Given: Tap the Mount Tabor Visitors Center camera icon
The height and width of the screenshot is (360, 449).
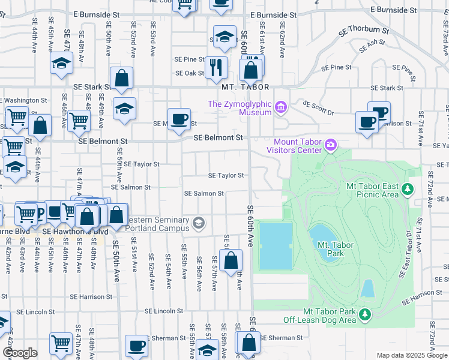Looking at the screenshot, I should tap(331, 145).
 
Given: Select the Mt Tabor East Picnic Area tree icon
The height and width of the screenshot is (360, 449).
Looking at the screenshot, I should tap(408, 190).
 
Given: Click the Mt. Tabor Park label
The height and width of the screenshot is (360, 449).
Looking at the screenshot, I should tap(331, 249).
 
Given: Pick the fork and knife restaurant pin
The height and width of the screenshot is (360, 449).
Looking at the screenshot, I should tap(217, 67).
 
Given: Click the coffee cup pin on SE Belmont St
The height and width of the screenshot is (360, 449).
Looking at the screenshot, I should tap(179, 119).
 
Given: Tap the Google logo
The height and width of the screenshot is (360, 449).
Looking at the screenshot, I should tap(20, 353).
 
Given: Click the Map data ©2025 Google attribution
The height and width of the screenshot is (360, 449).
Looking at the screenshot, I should tap(412, 355).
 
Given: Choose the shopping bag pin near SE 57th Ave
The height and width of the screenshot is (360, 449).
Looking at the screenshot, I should tap(231, 260).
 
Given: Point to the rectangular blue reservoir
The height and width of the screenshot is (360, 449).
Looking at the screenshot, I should tap(276, 245).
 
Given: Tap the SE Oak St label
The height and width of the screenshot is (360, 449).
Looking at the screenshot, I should tap(190, 73).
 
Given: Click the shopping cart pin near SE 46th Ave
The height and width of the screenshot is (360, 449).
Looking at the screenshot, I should tap(79, 121).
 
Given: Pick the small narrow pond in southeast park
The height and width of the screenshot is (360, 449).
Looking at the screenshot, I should tap(367, 289).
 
